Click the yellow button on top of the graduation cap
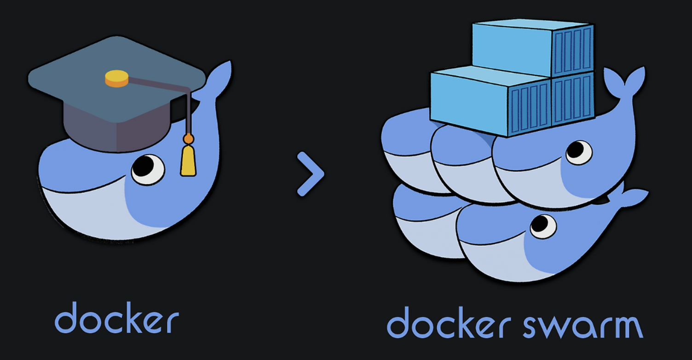tap(116, 78)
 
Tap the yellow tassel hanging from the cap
tap(188, 160)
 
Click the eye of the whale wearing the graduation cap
tap(148, 170)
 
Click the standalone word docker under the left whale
tap(117, 318)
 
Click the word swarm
tap(583, 326)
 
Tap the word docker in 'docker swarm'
tap(449, 322)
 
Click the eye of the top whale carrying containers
tap(579, 152)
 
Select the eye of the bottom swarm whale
tap(543, 226)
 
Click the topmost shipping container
tap(533, 48)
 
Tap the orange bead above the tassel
tap(188, 139)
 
